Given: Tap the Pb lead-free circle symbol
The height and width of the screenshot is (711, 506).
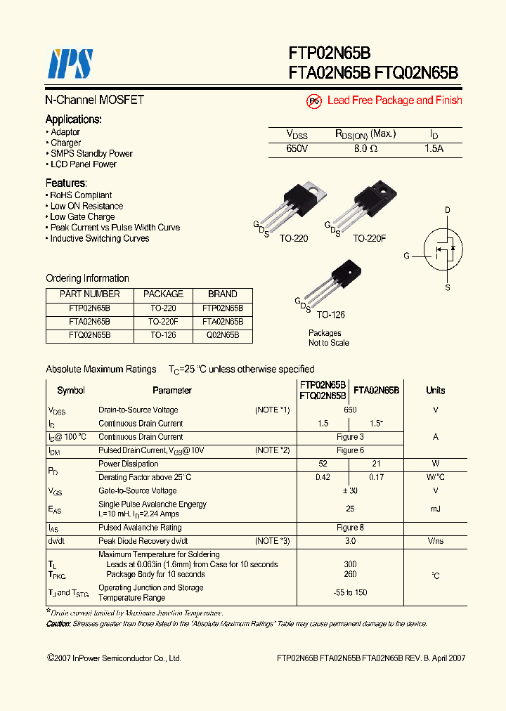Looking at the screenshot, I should coord(314,101).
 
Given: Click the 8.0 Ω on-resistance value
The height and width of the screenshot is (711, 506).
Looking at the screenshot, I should coord(365,149).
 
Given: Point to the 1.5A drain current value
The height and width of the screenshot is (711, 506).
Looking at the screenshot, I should coord(434,149).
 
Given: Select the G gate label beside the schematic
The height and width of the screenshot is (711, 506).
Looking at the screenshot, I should coord(406,256).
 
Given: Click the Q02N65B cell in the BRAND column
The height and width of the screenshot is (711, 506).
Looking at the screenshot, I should coord(222,336).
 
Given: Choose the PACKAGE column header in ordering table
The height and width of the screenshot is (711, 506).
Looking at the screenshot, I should coord(163,294).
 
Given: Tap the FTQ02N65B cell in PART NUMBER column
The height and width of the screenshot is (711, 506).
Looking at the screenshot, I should coord(89,336).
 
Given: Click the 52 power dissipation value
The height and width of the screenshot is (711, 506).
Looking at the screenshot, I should coord(323,464).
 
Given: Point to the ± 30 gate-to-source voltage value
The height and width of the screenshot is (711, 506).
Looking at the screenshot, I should coord(350,491).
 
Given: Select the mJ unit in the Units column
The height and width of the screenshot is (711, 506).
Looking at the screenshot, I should coord(435,508).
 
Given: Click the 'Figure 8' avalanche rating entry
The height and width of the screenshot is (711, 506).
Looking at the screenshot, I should coord(350,528).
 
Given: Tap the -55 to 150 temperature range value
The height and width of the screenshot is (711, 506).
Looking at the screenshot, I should coord(350,592).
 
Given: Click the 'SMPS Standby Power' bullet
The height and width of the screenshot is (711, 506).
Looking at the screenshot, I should coord(91,153).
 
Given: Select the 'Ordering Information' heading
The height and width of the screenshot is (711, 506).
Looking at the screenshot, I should coord(87,278).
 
